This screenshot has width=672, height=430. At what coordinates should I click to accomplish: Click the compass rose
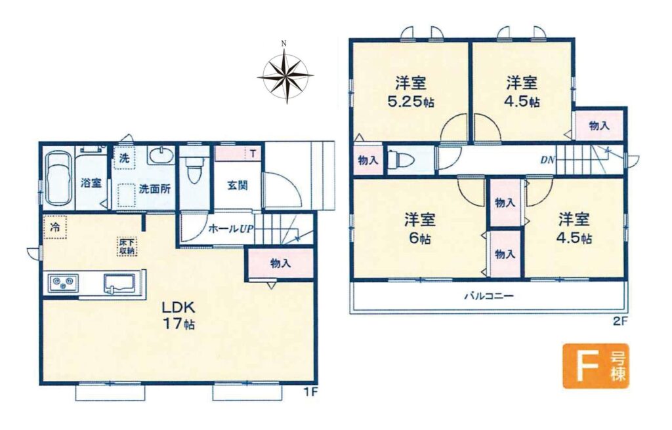click(x=285, y=75)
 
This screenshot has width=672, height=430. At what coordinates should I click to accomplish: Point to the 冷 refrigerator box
click(x=54, y=227)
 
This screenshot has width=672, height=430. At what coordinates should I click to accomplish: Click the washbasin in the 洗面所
click(x=161, y=156)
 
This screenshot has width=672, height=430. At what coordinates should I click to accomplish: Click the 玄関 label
click(x=237, y=186)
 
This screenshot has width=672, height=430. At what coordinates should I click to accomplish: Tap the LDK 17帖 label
click(x=178, y=315)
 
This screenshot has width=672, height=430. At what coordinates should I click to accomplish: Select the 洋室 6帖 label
click(x=420, y=229)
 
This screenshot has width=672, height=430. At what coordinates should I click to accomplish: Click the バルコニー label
click(x=489, y=296)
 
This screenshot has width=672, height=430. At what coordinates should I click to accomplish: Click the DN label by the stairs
click(x=547, y=160)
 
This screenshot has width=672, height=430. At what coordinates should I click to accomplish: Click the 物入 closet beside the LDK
click(x=280, y=264)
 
